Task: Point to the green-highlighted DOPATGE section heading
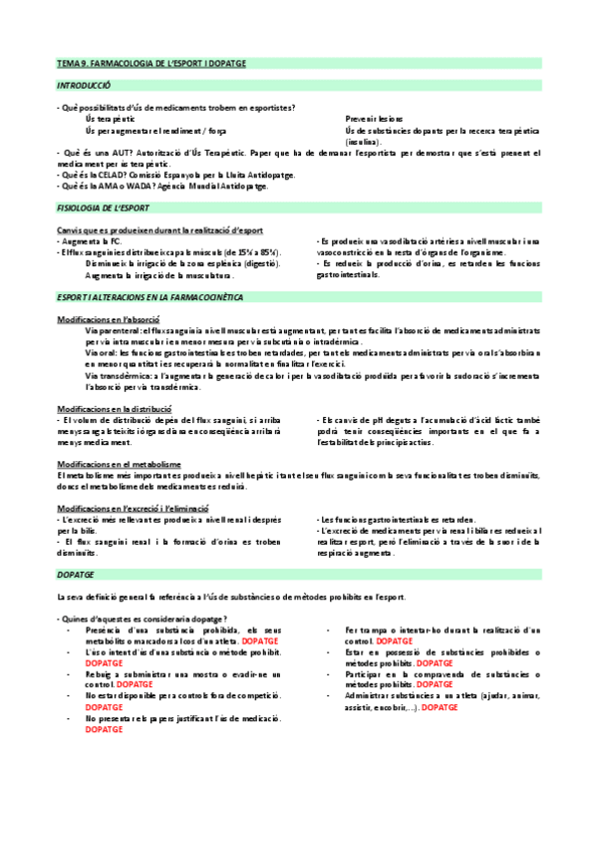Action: pos(78,576)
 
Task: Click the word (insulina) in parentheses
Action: pos(363,141)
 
